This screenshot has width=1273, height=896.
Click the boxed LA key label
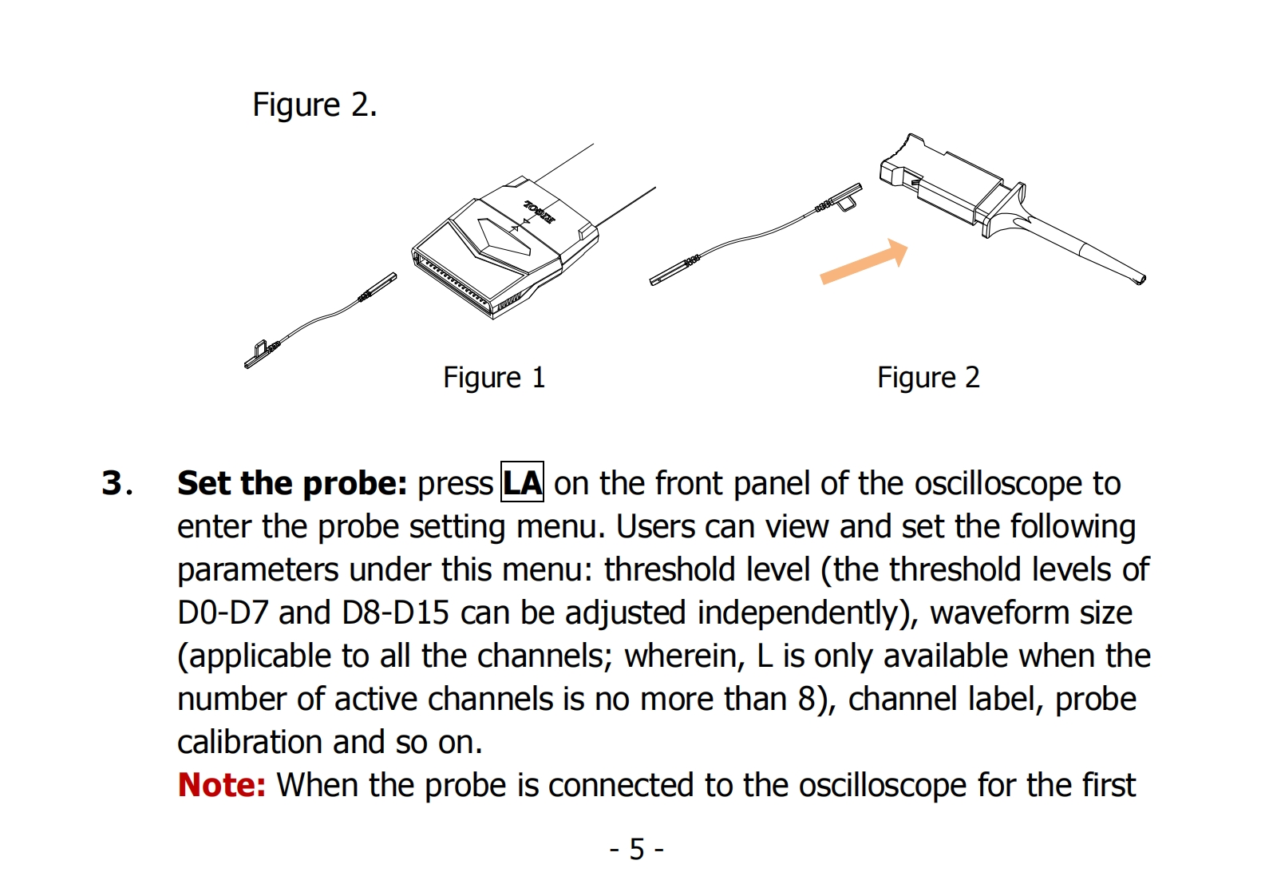point(522,482)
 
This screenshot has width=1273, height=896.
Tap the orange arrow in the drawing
point(864,262)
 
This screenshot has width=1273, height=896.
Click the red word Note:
point(221,785)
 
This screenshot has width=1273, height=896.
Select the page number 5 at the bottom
point(636,849)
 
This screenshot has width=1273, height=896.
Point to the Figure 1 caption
point(494,378)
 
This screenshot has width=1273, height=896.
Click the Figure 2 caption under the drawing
point(927,378)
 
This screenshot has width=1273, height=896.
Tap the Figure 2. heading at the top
point(314,105)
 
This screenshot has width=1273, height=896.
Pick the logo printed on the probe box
point(539,212)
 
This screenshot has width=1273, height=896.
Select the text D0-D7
point(223,613)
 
